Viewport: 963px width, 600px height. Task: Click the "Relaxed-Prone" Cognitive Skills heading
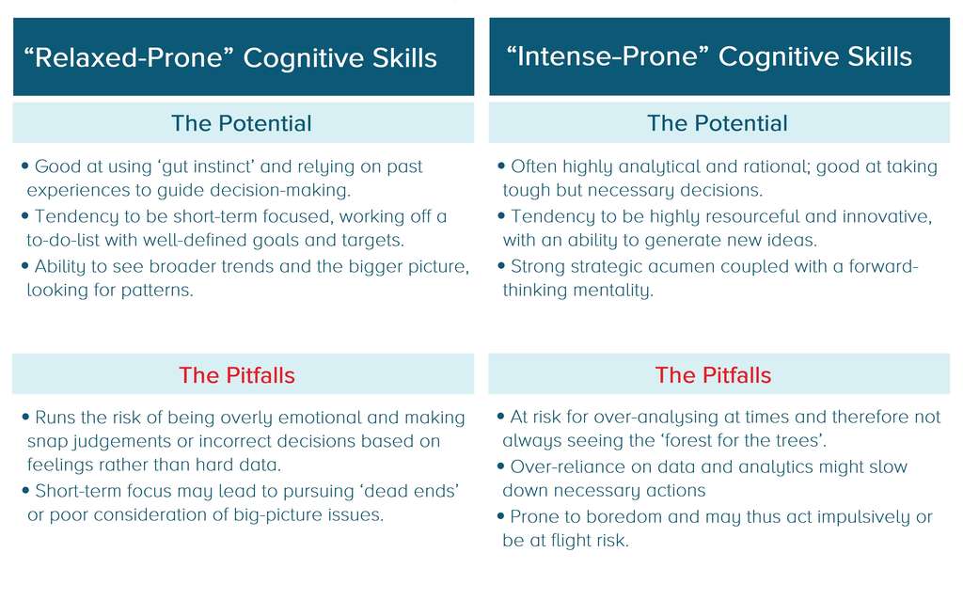coord(230,58)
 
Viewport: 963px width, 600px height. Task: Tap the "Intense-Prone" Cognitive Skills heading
coord(709,56)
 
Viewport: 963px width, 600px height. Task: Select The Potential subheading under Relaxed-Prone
coord(242,123)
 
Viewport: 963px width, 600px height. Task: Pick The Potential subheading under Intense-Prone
coord(718,123)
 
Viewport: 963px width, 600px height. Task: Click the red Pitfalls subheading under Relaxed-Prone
coord(237,375)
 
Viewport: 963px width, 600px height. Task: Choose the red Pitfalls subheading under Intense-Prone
coord(713,375)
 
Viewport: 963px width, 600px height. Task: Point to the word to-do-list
coord(71,241)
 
